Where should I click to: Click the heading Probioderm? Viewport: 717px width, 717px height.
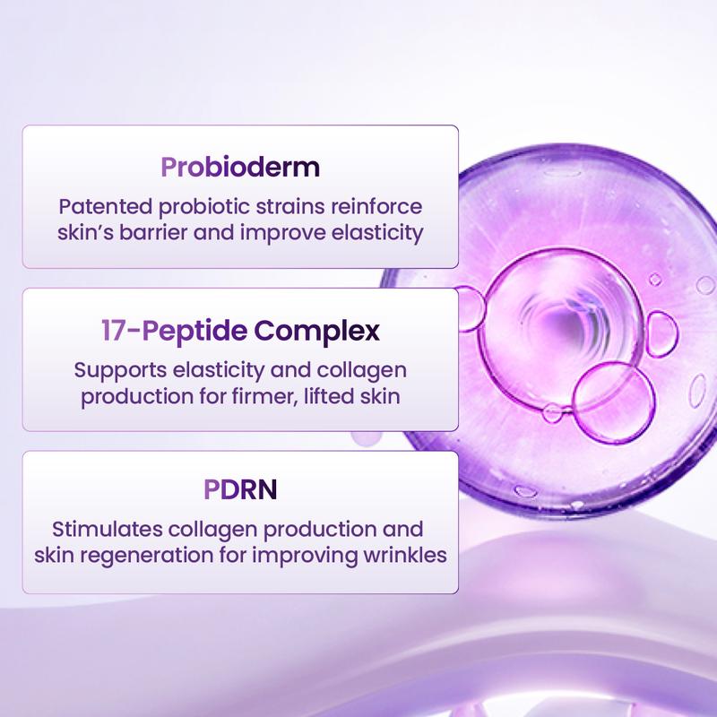[239, 168]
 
